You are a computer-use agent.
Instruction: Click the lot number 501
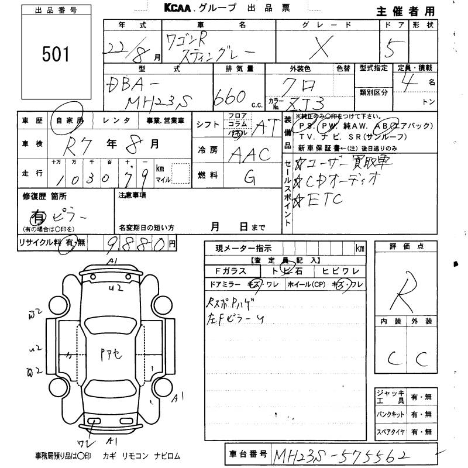(x=55, y=55)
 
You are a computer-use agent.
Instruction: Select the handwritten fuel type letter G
(x=247, y=175)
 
